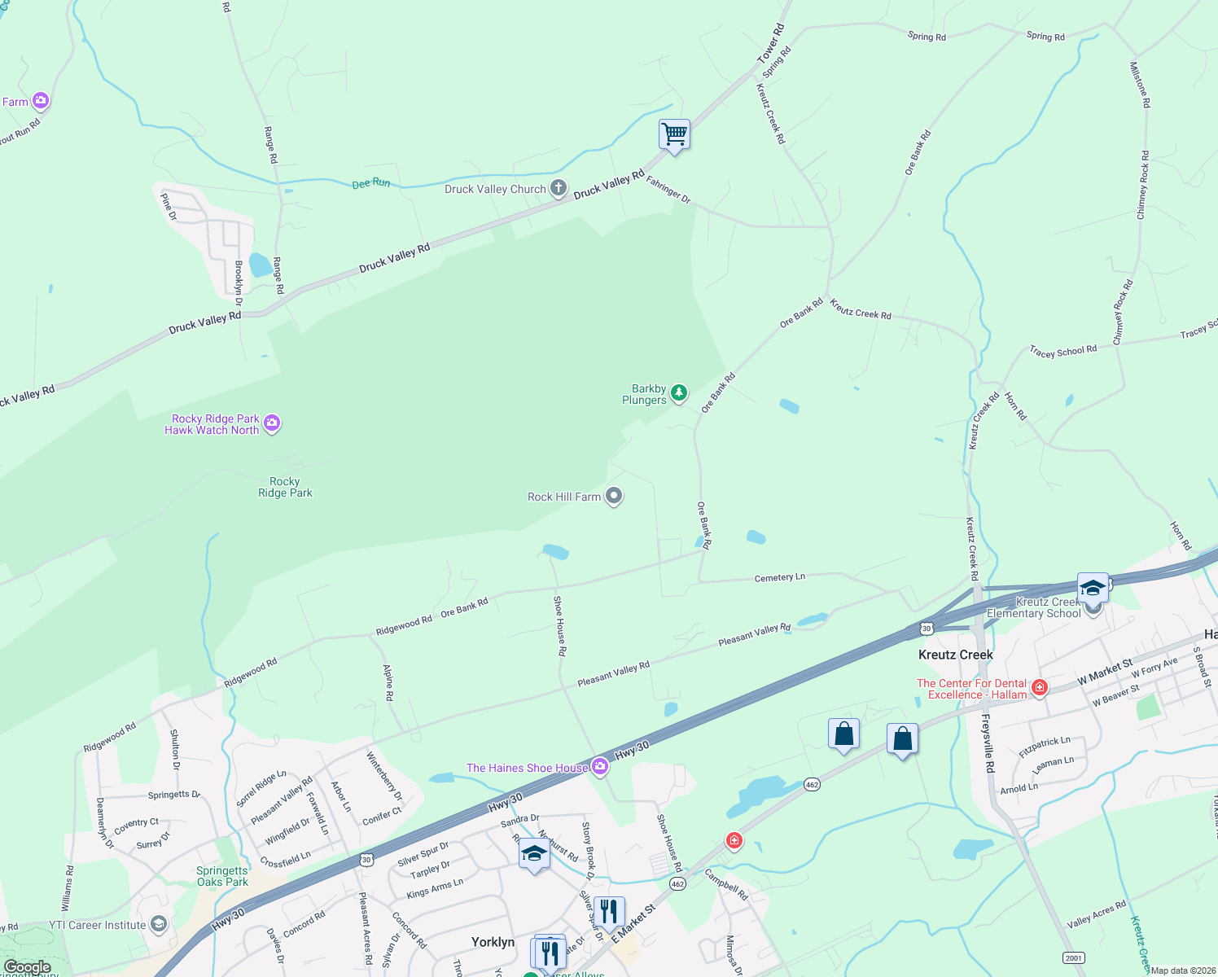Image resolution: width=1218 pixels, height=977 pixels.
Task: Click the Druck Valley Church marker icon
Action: click(x=558, y=188)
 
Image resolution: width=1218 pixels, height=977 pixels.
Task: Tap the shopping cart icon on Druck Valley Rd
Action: click(x=674, y=134)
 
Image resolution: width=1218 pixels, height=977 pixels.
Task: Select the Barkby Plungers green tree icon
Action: click(x=678, y=394)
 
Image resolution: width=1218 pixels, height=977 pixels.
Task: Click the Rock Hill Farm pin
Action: click(x=615, y=496)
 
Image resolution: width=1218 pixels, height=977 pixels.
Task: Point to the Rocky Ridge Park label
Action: click(x=285, y=487)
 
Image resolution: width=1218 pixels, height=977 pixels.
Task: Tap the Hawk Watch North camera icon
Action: click(x=272, y=423)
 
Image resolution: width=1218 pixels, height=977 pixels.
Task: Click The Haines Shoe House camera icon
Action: click(x=600, y=767)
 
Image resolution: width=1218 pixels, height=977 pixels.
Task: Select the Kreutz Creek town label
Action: click(x=955, y=655)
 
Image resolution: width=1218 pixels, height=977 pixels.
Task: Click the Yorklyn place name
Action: click(x=493, y=942)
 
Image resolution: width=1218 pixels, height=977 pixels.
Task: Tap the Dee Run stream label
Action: click(x=370, y=183)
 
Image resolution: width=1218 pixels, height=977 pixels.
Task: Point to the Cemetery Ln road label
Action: click(x=779, y=577)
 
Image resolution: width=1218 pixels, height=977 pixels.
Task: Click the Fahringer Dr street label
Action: click(x=668, y=191)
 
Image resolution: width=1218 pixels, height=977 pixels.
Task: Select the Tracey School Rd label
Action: click(x=1062, y=351)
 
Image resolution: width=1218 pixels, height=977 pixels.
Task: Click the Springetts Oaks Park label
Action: click(x=222, y=876)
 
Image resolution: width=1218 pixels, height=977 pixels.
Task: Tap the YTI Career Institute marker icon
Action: click(x=159, y=924)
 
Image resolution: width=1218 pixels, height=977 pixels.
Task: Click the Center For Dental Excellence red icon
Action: click(x=1039, y=688)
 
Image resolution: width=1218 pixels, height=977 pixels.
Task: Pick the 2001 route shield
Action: click(x=1073, y=957)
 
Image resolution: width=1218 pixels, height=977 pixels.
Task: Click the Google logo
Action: click(x=27, y=967)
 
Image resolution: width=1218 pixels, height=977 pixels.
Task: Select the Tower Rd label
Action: click(x=770, y=43)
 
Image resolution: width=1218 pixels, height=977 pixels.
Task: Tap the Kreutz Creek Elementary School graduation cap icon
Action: click(x=1092, y=587)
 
